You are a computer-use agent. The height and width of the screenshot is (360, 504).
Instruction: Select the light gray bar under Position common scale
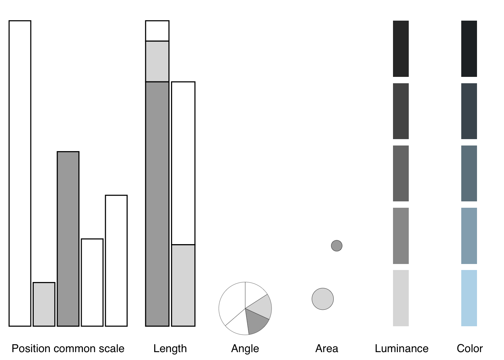click(44, 304)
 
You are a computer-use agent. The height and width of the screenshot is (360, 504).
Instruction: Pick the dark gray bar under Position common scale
click(68, 239)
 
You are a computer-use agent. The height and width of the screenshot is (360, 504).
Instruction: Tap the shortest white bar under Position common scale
click(92, 282)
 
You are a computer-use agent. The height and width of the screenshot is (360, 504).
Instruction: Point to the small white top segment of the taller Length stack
click(157, 31)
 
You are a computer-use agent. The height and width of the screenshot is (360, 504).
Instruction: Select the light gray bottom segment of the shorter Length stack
click(183, 285)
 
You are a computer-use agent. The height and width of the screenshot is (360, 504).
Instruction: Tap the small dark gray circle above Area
click(337, 246)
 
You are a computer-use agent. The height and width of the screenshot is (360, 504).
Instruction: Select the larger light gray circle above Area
click(322, 299)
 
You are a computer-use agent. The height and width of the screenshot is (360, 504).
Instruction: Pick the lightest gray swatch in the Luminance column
click(400, 298)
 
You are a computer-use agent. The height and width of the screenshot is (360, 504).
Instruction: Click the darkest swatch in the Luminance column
click(400, 49)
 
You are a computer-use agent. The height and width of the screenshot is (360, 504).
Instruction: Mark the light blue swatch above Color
click(469, 298)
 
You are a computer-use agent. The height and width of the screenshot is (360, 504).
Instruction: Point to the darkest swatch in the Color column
click(469, 49)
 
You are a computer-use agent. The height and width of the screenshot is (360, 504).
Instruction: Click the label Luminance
click(401, 348)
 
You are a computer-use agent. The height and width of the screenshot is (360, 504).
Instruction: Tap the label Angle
click(245, 348)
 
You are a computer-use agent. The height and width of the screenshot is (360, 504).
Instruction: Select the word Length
click(170, 348)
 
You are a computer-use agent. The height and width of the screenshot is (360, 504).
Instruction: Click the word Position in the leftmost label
click(30, 348)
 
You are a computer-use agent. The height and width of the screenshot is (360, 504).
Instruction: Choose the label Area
click(326, 348)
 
